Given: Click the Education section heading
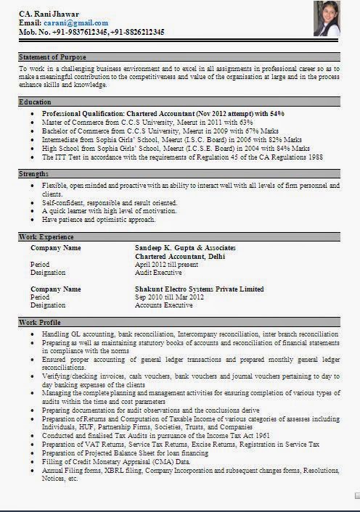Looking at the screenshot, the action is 35,102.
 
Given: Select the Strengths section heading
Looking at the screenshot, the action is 34,174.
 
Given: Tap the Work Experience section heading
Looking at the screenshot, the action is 46,237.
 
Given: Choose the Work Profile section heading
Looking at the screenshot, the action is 40,322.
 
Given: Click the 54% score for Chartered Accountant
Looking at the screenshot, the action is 277,114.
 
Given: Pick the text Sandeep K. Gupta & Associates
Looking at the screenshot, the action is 185,248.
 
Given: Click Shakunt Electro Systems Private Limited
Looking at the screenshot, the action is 200,289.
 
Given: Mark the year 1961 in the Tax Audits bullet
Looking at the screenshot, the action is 262,435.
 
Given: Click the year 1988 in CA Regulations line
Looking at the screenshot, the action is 315,157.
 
